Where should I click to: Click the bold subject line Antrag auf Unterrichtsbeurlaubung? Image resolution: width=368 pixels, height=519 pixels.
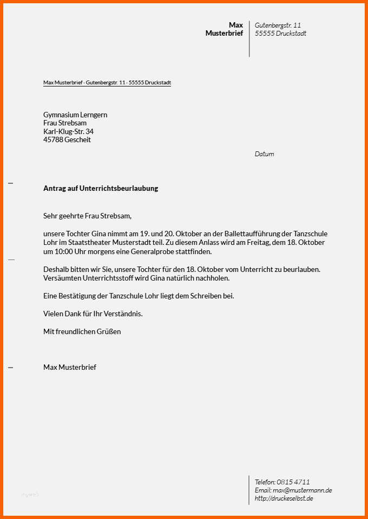pos(101,189)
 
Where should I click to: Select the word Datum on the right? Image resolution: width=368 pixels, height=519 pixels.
pos(264,154)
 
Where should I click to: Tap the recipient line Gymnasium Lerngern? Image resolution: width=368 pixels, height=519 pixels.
pos(75,115)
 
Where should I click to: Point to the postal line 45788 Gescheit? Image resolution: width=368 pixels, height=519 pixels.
pos(67,140)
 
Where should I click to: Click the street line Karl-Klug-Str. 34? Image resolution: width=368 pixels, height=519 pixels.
pos(68,131)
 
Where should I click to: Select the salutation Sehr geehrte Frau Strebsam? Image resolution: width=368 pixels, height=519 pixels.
pos(88,216)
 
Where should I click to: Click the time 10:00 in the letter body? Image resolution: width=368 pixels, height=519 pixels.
pos(64,252)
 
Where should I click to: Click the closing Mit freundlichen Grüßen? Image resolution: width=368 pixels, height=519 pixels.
pos(82,331)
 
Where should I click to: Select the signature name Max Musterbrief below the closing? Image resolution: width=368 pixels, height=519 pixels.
pos(70,367)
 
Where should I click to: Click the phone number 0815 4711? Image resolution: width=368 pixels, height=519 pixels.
pos(293,482)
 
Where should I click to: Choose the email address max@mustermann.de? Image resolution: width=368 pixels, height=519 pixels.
pos(302,490)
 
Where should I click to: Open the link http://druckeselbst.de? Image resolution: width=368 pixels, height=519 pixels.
pos(284,498)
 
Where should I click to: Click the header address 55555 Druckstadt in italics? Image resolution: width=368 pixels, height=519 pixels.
pos(280,34)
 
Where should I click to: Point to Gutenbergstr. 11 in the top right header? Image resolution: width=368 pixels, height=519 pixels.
pos(278,25)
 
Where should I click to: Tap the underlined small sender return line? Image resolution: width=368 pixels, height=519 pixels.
pos(107,83)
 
